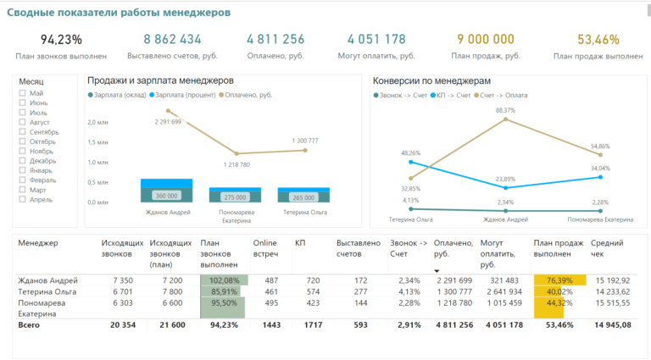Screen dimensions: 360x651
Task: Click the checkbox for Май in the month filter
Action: (22, 93)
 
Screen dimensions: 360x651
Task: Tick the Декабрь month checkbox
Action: (22, 160)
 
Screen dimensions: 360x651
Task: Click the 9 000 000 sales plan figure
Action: (485, 39)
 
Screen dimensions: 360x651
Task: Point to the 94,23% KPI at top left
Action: (61, 39)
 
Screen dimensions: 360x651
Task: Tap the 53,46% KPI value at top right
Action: (598, 39)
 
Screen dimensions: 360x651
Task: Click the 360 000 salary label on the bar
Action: (165, 196)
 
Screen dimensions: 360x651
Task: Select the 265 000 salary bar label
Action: (303, 197)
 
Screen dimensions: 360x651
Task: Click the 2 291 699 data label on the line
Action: (168, 122)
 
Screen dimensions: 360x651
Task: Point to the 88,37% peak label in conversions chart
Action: (505, 110)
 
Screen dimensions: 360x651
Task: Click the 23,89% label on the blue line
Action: (505, 179)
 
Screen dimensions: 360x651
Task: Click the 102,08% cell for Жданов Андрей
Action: (224, 280)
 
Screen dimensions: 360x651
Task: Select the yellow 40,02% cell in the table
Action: (548, 291)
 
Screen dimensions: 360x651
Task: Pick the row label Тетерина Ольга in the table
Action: (47, 291)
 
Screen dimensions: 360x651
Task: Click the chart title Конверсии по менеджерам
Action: (432, 80)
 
